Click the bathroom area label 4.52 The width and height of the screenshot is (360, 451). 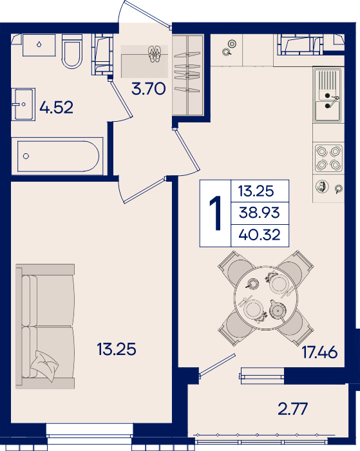tap(57, 108)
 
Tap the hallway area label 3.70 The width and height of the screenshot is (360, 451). tap(149, 89)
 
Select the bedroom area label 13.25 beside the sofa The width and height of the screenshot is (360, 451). tap(117, 349)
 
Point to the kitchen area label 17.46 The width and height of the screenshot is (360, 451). tap(319, 352)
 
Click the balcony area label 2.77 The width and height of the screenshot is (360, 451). tap(293, 408)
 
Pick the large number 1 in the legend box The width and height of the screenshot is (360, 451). tap(215, 213)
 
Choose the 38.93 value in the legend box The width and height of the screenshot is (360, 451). tap(260, 213)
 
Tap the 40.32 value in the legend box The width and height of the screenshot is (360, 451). tap(260, 235)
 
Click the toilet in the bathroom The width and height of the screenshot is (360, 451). tap(72, 51)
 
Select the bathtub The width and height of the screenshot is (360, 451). tap(57, 156)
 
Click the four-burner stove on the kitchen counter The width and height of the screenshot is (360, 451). tap(328, 158)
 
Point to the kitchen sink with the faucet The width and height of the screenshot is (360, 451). tap(328, 95)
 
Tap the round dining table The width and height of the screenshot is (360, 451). tap(266, 298)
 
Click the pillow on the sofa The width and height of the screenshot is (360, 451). tap(44, 366)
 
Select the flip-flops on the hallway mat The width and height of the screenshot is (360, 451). tap(154, 54)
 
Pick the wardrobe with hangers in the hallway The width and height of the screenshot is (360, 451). tap(188, 75)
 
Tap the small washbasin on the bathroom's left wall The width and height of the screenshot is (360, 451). tap(23, 104)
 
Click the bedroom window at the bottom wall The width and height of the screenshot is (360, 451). tap(90, 433)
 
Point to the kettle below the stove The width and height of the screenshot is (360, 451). tap(322, 187)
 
